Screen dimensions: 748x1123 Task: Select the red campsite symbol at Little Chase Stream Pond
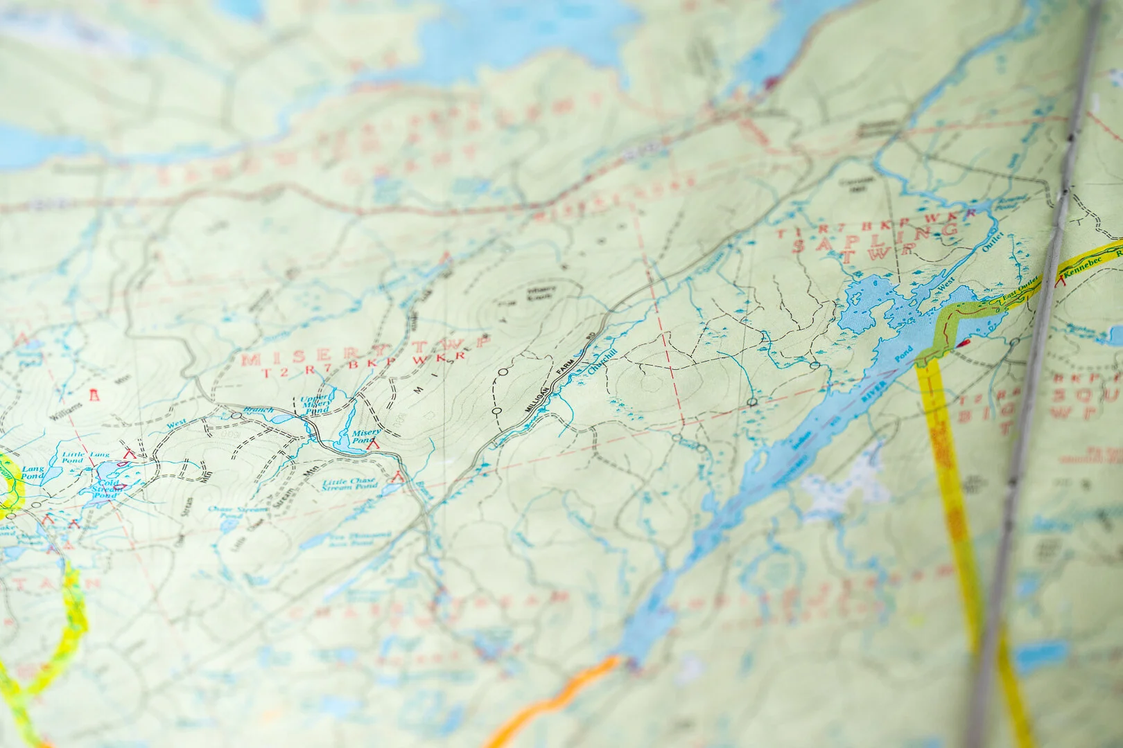398,476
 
